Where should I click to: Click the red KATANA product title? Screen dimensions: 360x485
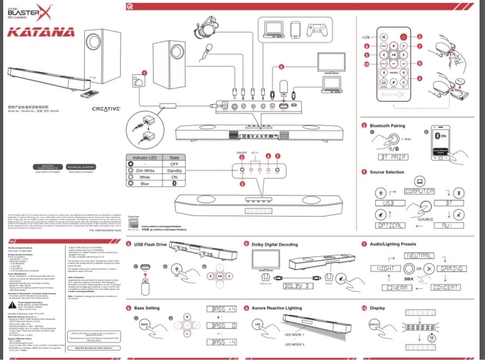pos(41,32)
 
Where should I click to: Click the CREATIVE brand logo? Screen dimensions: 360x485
pos(106,109)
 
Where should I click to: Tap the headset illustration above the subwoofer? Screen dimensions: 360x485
pos(208,26)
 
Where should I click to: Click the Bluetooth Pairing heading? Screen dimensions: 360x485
pos(387,126)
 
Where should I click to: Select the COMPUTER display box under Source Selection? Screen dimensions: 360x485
pos(419,192)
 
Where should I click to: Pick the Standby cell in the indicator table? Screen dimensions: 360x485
pos(174,171)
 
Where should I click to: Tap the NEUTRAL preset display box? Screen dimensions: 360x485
pos(420,255)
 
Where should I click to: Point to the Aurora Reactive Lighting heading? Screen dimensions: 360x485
pos(276,308)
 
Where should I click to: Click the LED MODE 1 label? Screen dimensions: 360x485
pos(295,335)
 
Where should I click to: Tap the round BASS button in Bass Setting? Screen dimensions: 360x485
pos(145,324)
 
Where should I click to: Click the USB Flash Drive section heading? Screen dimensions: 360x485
pos(150,244)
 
